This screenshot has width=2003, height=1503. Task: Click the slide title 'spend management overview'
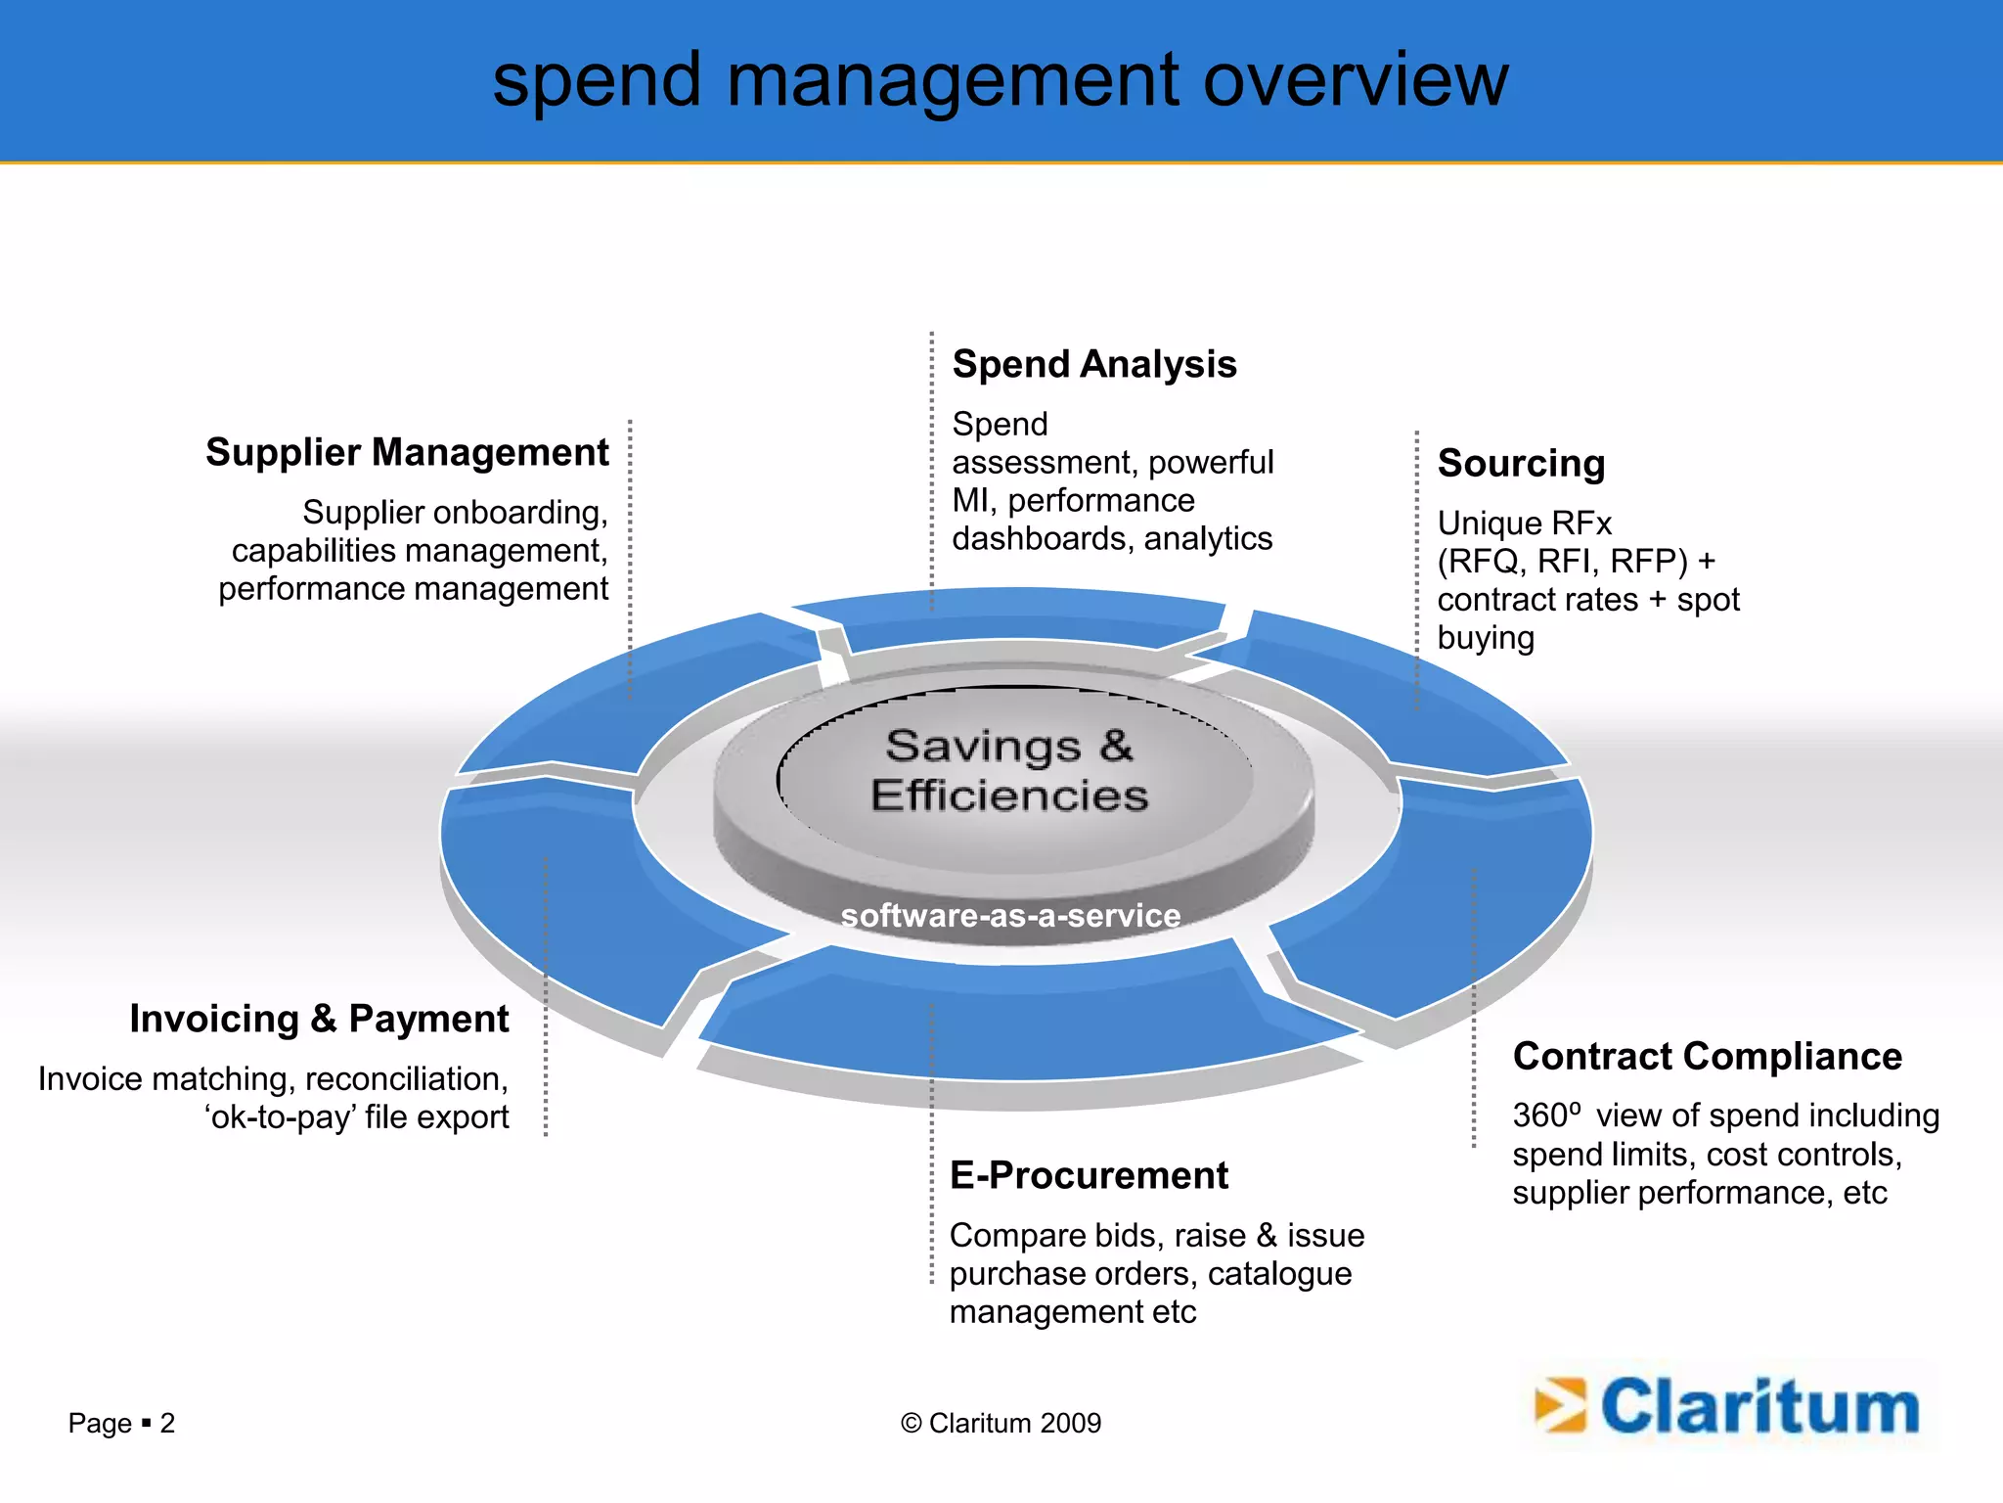(x=1001, y=80)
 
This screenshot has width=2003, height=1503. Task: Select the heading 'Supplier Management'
(x=407, y=453)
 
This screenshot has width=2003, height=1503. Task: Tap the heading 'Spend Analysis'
(x=1094, y=365)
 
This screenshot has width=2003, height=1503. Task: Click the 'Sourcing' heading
(x=1521, y=464)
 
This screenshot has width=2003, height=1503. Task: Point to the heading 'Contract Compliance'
(x=1707, y=1057)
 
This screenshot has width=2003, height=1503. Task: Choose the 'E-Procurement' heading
(x=1089, y=1175)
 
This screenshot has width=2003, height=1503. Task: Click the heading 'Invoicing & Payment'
(x=319, y=1020)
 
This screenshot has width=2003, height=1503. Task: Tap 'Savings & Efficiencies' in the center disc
(x=1009, y=771)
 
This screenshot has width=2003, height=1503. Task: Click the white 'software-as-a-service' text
(x=1010, y=916)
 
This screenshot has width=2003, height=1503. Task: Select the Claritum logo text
(x=1759, y=1407)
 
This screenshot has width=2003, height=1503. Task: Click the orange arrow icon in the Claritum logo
(x=1559, y=1406)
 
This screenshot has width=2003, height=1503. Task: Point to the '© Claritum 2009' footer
(x=1001, y=1423)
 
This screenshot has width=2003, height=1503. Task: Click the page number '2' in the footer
(x=167, y=1423)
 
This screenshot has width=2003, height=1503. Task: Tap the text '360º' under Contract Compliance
(x=1546, y=1116)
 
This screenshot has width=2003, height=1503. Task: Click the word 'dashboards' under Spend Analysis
(x=1043, y=539)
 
